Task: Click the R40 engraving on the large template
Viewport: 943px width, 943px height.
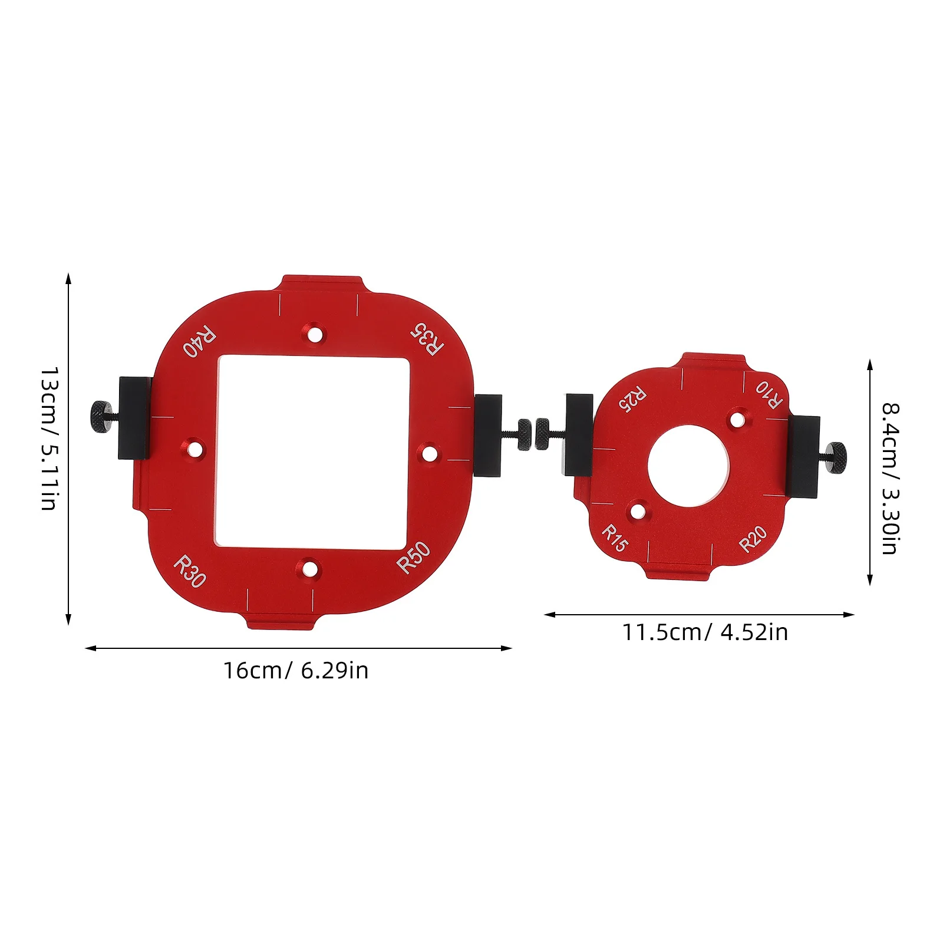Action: pyautogui.click(x=199, y=341)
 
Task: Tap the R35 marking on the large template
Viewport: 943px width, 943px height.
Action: pyautogui.click(x=427, y=339)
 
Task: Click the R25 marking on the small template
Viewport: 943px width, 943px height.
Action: pyautogui.click(x=632, y=399)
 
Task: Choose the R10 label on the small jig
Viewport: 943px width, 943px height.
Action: pyautogui.click(x=770, y=394)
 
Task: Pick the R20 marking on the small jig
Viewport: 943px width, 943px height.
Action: pyautogui.click(x=753, y=539)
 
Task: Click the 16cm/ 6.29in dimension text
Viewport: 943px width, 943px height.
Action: pyautogui.click(x=295, y=671)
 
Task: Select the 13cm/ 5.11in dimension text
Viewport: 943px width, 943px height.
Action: pyautogui.click(x=50, y=438)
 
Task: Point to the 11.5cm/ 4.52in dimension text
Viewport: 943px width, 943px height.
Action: pyautogui.click(x=705, y=632)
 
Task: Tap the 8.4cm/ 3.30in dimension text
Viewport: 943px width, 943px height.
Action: pyautogui.click(x=890, y=478)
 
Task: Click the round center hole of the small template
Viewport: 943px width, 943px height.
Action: pyautogui.click(x=688, y=466)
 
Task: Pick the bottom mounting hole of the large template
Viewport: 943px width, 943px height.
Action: pyautogui.click(x=309, y=569)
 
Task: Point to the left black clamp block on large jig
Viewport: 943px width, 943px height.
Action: pyautogui.click(x=134, y=417)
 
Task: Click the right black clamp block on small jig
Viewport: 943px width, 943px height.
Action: pyautogui.click(x=803, y=457)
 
